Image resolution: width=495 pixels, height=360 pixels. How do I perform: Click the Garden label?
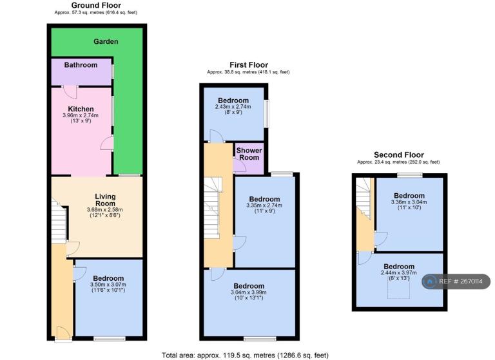106,41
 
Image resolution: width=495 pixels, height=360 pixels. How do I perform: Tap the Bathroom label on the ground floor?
81,64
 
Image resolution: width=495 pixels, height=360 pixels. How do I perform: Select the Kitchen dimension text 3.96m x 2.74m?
81,115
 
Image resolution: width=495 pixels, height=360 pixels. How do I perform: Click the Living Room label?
106,200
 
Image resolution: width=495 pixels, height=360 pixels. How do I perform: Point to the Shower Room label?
249,154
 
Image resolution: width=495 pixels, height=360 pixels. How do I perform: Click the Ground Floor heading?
96,5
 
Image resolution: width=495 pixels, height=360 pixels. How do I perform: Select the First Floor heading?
249,65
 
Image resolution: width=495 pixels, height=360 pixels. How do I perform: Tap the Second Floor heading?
399,155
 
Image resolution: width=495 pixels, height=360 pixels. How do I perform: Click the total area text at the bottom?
246,355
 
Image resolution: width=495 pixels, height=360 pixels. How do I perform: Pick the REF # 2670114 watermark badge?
456,281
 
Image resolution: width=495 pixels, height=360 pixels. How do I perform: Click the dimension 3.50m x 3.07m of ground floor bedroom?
108,284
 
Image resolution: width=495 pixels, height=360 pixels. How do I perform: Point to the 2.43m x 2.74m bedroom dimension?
233,107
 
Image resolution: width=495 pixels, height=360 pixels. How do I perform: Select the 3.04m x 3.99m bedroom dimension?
249,292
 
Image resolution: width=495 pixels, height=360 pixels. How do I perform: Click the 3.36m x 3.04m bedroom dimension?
409,202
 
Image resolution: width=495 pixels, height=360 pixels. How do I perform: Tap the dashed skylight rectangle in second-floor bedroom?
399,290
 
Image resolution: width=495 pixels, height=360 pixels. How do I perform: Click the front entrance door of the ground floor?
63,334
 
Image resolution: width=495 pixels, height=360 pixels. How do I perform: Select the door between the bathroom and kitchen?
70,92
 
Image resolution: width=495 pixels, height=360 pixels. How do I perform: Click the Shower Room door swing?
240,166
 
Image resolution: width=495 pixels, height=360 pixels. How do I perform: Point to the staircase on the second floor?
364,198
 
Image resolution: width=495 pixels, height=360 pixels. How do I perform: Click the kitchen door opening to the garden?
107,143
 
